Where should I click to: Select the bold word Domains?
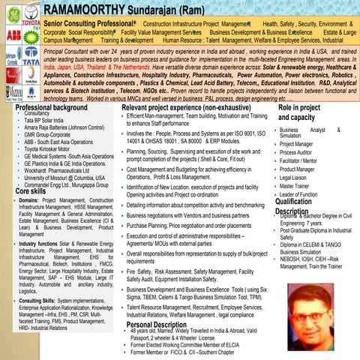tap(30, 181)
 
